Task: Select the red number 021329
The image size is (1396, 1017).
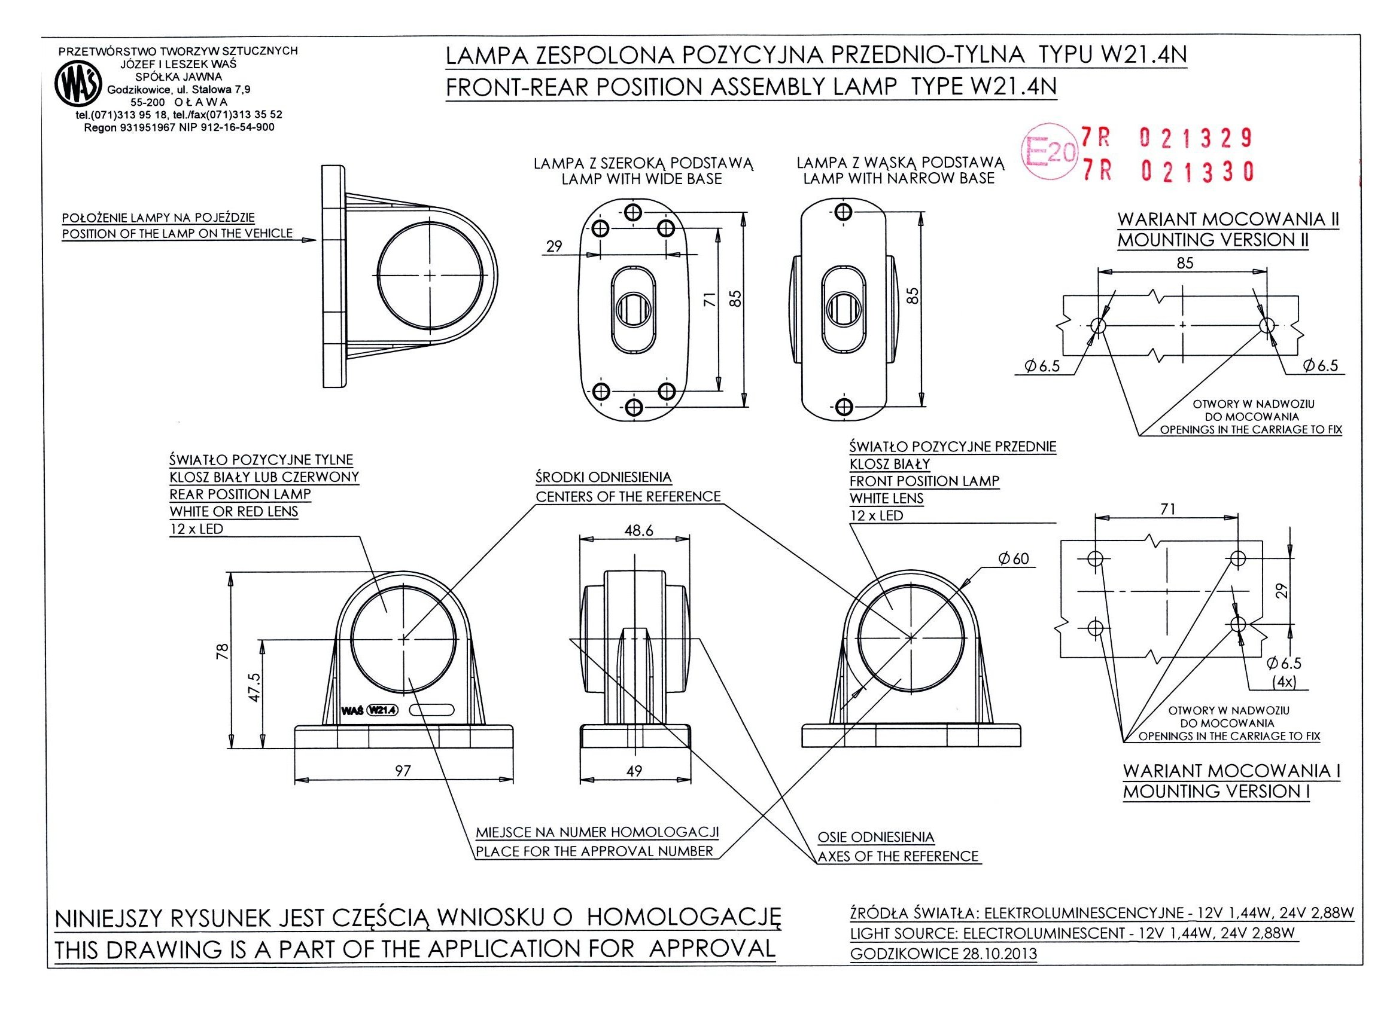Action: [x=1196, y=139]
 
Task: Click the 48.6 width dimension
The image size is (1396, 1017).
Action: [x=638, y=530]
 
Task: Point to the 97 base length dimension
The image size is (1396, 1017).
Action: [x=403, y=771]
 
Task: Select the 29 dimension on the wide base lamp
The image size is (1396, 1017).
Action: [x=555, y=246]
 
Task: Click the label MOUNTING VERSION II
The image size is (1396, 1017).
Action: [x=1213, y=240]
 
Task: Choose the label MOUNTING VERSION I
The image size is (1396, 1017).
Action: [x=1216, y=792]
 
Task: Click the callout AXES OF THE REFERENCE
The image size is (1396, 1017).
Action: [x=898, y=856]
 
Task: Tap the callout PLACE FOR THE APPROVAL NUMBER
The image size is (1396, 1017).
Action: [x=595, y=851]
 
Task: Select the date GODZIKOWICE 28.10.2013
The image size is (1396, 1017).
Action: [x=943, y=954]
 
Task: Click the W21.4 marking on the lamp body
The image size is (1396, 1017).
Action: [x=382, y=710]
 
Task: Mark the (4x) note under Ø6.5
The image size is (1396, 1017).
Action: [x=1285, y=682]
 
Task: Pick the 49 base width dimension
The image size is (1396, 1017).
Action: [x=634, y=771]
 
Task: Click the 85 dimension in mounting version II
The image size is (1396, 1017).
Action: [x=1185, y=264]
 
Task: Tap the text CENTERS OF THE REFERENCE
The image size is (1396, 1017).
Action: [x=628, y=496]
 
